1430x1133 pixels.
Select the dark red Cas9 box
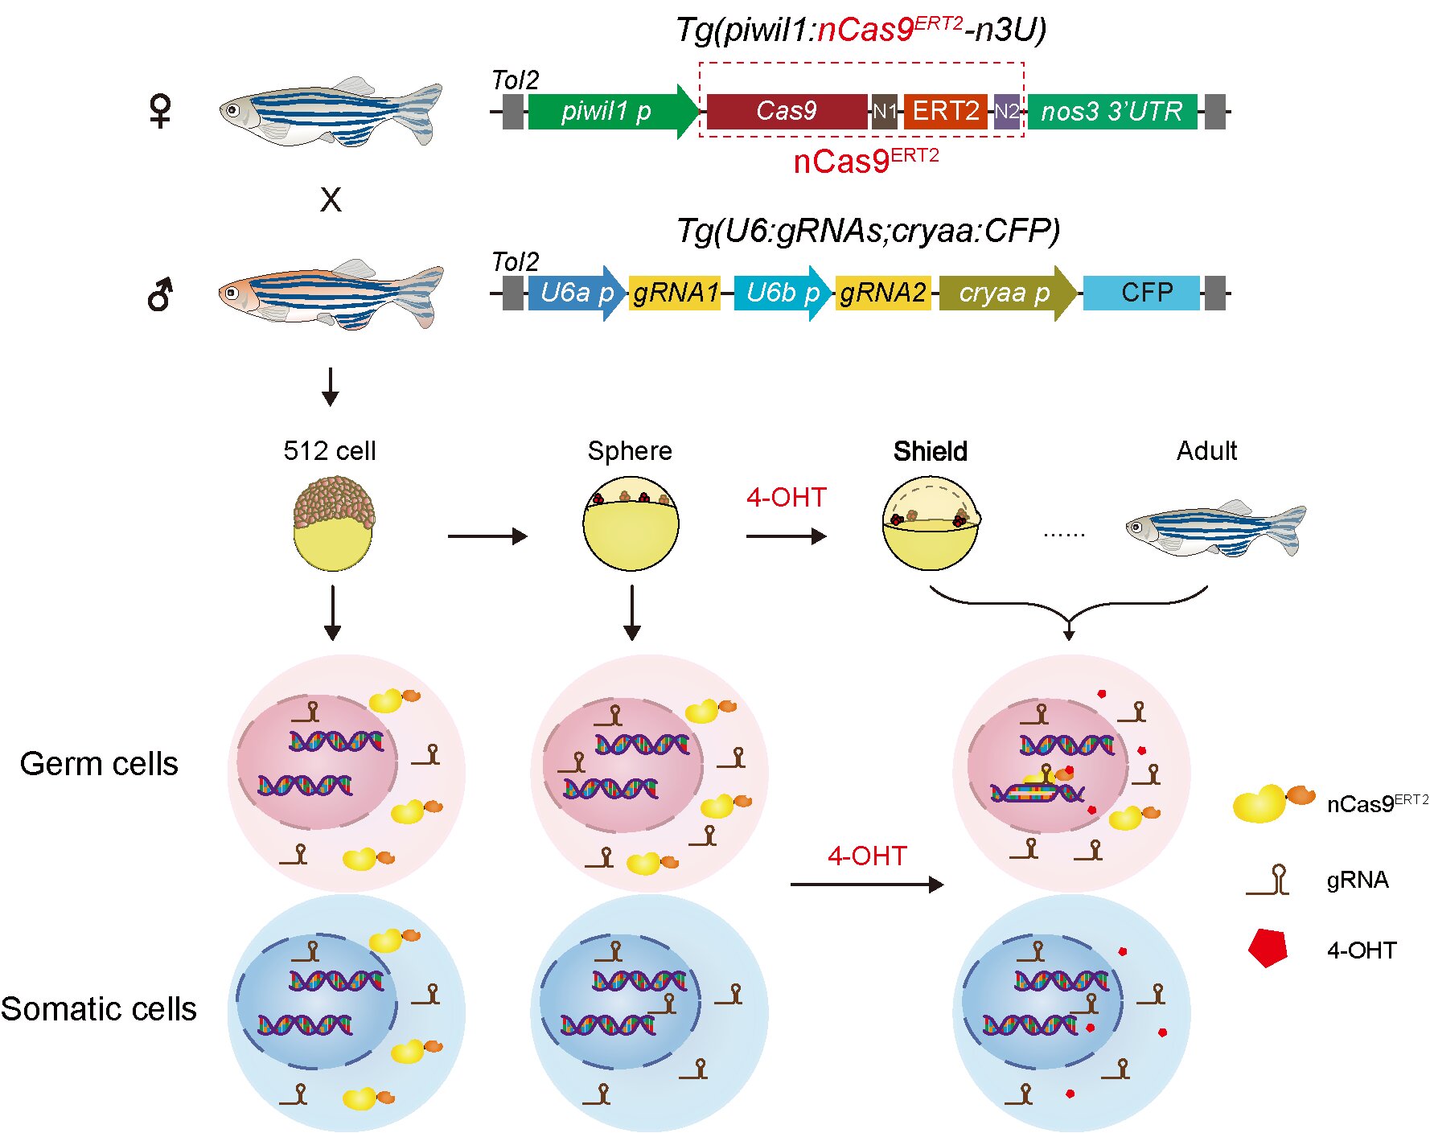coord(786,111)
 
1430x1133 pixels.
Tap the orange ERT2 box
coord(946,111)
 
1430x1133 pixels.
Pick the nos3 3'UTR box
coord(1112,111)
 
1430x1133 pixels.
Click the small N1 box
coord(884,111)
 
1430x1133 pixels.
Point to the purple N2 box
coord(1006,111)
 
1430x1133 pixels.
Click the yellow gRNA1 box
coord(675,293)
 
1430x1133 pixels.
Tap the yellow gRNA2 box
coord(882,293)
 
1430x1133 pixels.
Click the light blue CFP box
coord(1141,293)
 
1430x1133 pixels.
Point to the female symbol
coord(161,111)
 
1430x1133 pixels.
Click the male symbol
coord(160,295)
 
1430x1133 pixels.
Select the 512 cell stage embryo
coord(333,523)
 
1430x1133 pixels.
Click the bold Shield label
coord(930,451)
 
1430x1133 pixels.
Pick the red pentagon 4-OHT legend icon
coord(1268,948)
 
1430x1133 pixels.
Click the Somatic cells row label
coord(99,1009)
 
